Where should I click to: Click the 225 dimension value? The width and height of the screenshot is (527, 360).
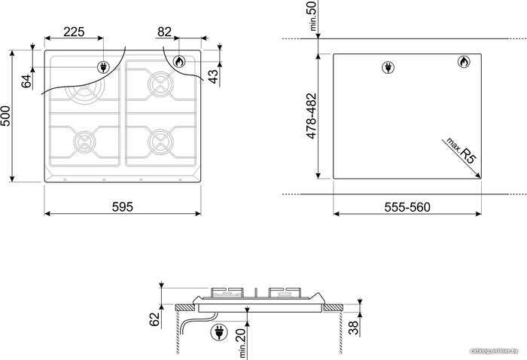point(74,32)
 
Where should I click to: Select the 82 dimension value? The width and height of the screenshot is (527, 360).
point(164,32)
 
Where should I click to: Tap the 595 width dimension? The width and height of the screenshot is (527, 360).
point(122,206)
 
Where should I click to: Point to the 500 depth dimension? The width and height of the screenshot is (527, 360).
point(6,116)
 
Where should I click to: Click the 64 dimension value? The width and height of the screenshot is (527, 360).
point(26,81)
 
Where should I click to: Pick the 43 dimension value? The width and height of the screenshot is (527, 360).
point(213,76)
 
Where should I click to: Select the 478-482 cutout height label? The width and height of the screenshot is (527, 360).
point(312,116)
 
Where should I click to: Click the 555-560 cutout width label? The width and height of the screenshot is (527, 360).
point(407,207)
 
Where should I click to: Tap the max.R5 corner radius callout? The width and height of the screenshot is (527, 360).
point(461,151)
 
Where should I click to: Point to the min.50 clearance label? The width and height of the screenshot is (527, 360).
point(312,16)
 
